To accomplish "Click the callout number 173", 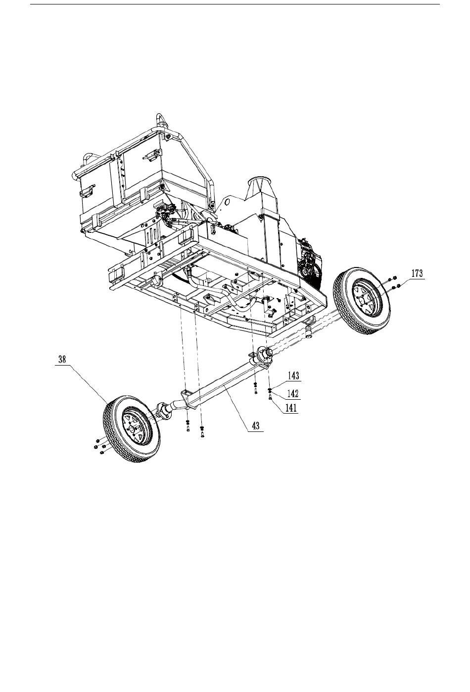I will point(417,274).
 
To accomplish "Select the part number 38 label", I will point(62,360).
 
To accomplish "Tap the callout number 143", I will point(293,376).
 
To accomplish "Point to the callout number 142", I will point(293,393).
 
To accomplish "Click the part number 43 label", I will point(256,426).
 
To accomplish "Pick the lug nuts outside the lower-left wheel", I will point(99,445).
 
